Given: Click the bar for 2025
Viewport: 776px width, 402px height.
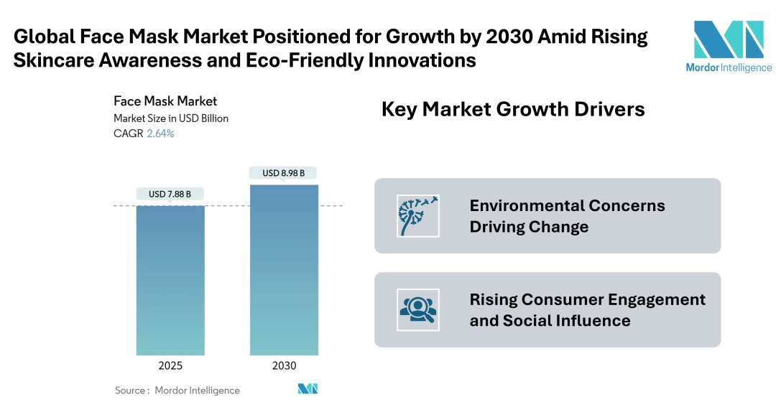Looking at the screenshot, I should click(x=170, y=280).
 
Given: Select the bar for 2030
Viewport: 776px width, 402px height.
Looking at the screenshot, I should click(x=284, y=269).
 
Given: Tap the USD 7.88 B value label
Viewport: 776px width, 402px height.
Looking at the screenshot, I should click(x=170, y=194).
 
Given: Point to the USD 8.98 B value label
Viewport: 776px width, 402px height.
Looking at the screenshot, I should click(x=283, y=173).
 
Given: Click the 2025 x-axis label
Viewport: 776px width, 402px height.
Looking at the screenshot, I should click(x=170, y=365).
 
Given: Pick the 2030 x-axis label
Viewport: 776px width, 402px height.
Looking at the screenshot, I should click(x=284, y=365).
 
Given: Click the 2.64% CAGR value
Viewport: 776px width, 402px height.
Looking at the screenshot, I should click(x=160, y=134).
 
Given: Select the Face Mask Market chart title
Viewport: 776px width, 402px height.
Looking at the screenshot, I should click(x=165, y=101).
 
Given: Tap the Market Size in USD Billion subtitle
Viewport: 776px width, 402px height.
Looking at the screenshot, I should click(x=171, y=118).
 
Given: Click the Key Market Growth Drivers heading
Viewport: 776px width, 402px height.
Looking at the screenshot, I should click(x=512, y=109).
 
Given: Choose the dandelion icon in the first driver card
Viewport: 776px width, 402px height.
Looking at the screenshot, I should click(x=418, y=215).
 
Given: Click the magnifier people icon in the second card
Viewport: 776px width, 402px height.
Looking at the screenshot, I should click(x=418, y=309).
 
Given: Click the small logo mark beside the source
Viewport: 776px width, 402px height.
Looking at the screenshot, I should click(x=308, y=389).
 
